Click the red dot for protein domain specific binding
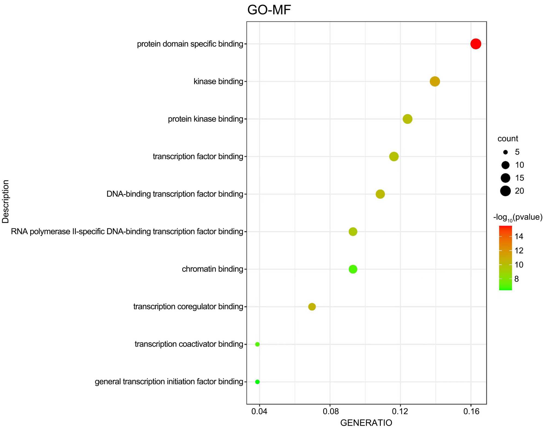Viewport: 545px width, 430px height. pyautogui.click(x=476, y=44)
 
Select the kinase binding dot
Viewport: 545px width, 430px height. pyautogui.click(x=435, y=81)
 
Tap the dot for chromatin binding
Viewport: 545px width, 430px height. pyautogui.click(x=353, y=269)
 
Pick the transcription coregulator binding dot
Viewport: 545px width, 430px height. pyautogui.click(x=312, y=307)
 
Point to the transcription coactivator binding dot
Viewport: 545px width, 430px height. pyautogui.click(x=257, y=344)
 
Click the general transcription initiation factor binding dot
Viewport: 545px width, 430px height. pyautogui.click(x=257, y=382)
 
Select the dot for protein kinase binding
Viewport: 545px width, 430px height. pyautogui.click(x=407, y=119)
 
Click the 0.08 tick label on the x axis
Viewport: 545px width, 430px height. pyautogui.click(x=330, y=411)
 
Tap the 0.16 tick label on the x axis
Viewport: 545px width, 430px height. pyautogui.click(x=471, y=411)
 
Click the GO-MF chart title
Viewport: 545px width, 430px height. pyautogui.click(x=269, y=10)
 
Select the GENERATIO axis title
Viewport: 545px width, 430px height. pyautogui.click(x=366, y=423)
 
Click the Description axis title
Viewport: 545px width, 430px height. pyautogui.click(x=6, y=202)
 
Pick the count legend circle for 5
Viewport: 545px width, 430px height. pyautogui.click(x=505, y=152)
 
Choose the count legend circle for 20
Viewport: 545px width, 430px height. pyautogui.click(x=505, y=191)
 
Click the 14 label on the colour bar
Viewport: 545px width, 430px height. pyautogui.click(x=519, y=236)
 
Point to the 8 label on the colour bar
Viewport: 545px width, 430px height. pyautogui.click(x=516, y=279)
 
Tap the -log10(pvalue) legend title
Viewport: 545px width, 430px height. pyautogui.click(x=518, y=218)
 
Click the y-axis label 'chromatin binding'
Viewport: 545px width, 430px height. pyautogui.click(x=212, y=269)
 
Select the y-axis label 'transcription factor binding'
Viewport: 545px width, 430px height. pyautogui.click(x=198, y=157)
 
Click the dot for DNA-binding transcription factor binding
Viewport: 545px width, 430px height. pyautogui.click(x=380, y=194)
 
